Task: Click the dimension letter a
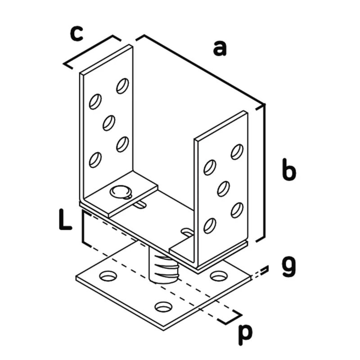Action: point(220,48)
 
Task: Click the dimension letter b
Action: point(289,169)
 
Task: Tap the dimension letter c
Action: point(76,34)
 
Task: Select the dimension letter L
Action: point(65,220)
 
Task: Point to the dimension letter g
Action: point(288,267)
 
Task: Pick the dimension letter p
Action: point(245,335)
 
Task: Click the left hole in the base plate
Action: point(108,276)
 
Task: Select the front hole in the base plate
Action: point(163,307)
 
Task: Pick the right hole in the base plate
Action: point(219,276)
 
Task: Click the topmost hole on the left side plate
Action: point(122,86)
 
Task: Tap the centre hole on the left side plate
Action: point(109,123)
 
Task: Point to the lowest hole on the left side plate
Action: point(95,160)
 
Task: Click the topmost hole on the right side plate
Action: point(237,152)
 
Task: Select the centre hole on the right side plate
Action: point(223,189)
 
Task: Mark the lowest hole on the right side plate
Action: point(210,226)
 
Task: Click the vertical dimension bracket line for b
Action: point(264,173)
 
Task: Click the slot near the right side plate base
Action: point(187,232)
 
